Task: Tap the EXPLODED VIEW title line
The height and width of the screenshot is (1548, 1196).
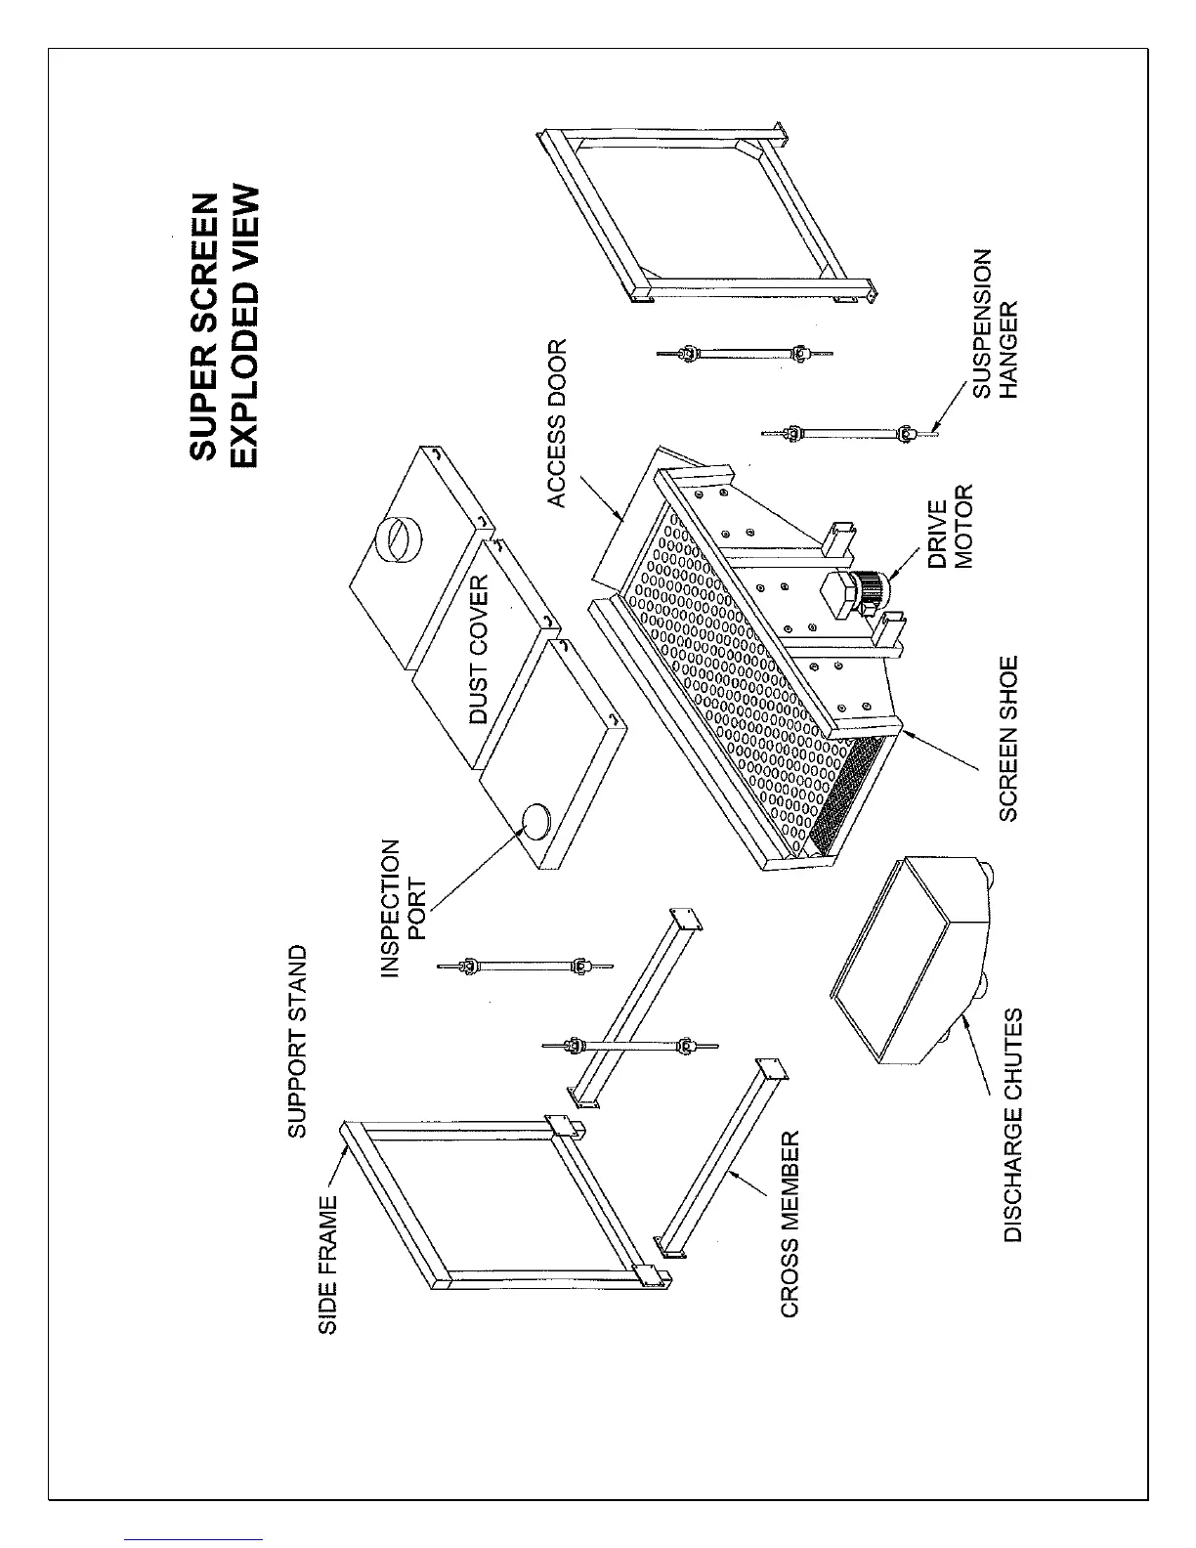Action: [247, 325]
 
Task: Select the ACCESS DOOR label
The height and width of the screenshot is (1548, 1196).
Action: [556, 423]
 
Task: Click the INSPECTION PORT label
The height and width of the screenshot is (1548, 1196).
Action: [402, 908]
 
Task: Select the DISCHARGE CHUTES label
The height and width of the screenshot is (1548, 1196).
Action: [1013, 1125]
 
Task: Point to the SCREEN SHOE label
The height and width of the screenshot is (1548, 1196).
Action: [1008, 738]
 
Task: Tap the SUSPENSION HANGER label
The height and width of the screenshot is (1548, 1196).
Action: [996, 323]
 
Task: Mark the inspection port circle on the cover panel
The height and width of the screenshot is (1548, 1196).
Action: [535, 821]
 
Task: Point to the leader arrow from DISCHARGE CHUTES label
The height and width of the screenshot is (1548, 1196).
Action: [977, 1060]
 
